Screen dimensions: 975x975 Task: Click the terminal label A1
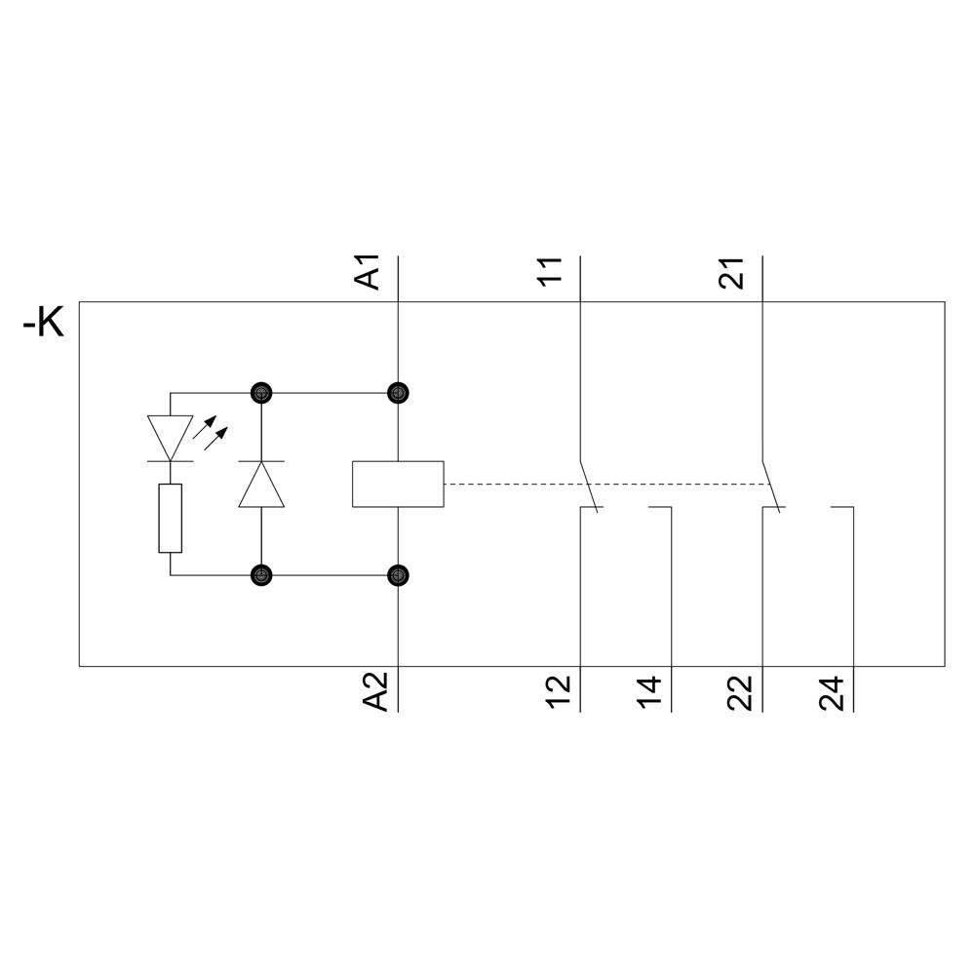[x=369, y=272]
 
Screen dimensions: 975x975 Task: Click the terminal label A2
[x=376, y=690]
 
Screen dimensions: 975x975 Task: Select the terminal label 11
[x=551, y=272]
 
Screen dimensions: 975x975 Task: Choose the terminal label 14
[x=650, y=690]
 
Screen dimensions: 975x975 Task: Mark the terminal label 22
[x=740, y=690]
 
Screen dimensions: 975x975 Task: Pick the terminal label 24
[x=832, y=690]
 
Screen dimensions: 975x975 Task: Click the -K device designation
[x=44, y=324]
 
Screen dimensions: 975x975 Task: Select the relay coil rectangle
[x=398, y=484]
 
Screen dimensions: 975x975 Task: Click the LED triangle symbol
[x=170, y=437]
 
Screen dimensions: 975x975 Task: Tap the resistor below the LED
[x=170, y=518]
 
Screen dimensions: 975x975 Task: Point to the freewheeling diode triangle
[x=261, y=484]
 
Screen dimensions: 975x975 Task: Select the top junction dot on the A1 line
[x=398, y=393]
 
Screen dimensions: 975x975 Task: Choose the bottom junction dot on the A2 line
[x=398, y=575]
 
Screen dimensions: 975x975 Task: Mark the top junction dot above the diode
[x=261, y=393]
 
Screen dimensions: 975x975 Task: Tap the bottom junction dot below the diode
[x=261, y=575]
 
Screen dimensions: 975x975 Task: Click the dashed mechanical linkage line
[x=604, y=485]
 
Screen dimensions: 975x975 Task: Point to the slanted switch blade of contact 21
[x=769, y=483]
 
